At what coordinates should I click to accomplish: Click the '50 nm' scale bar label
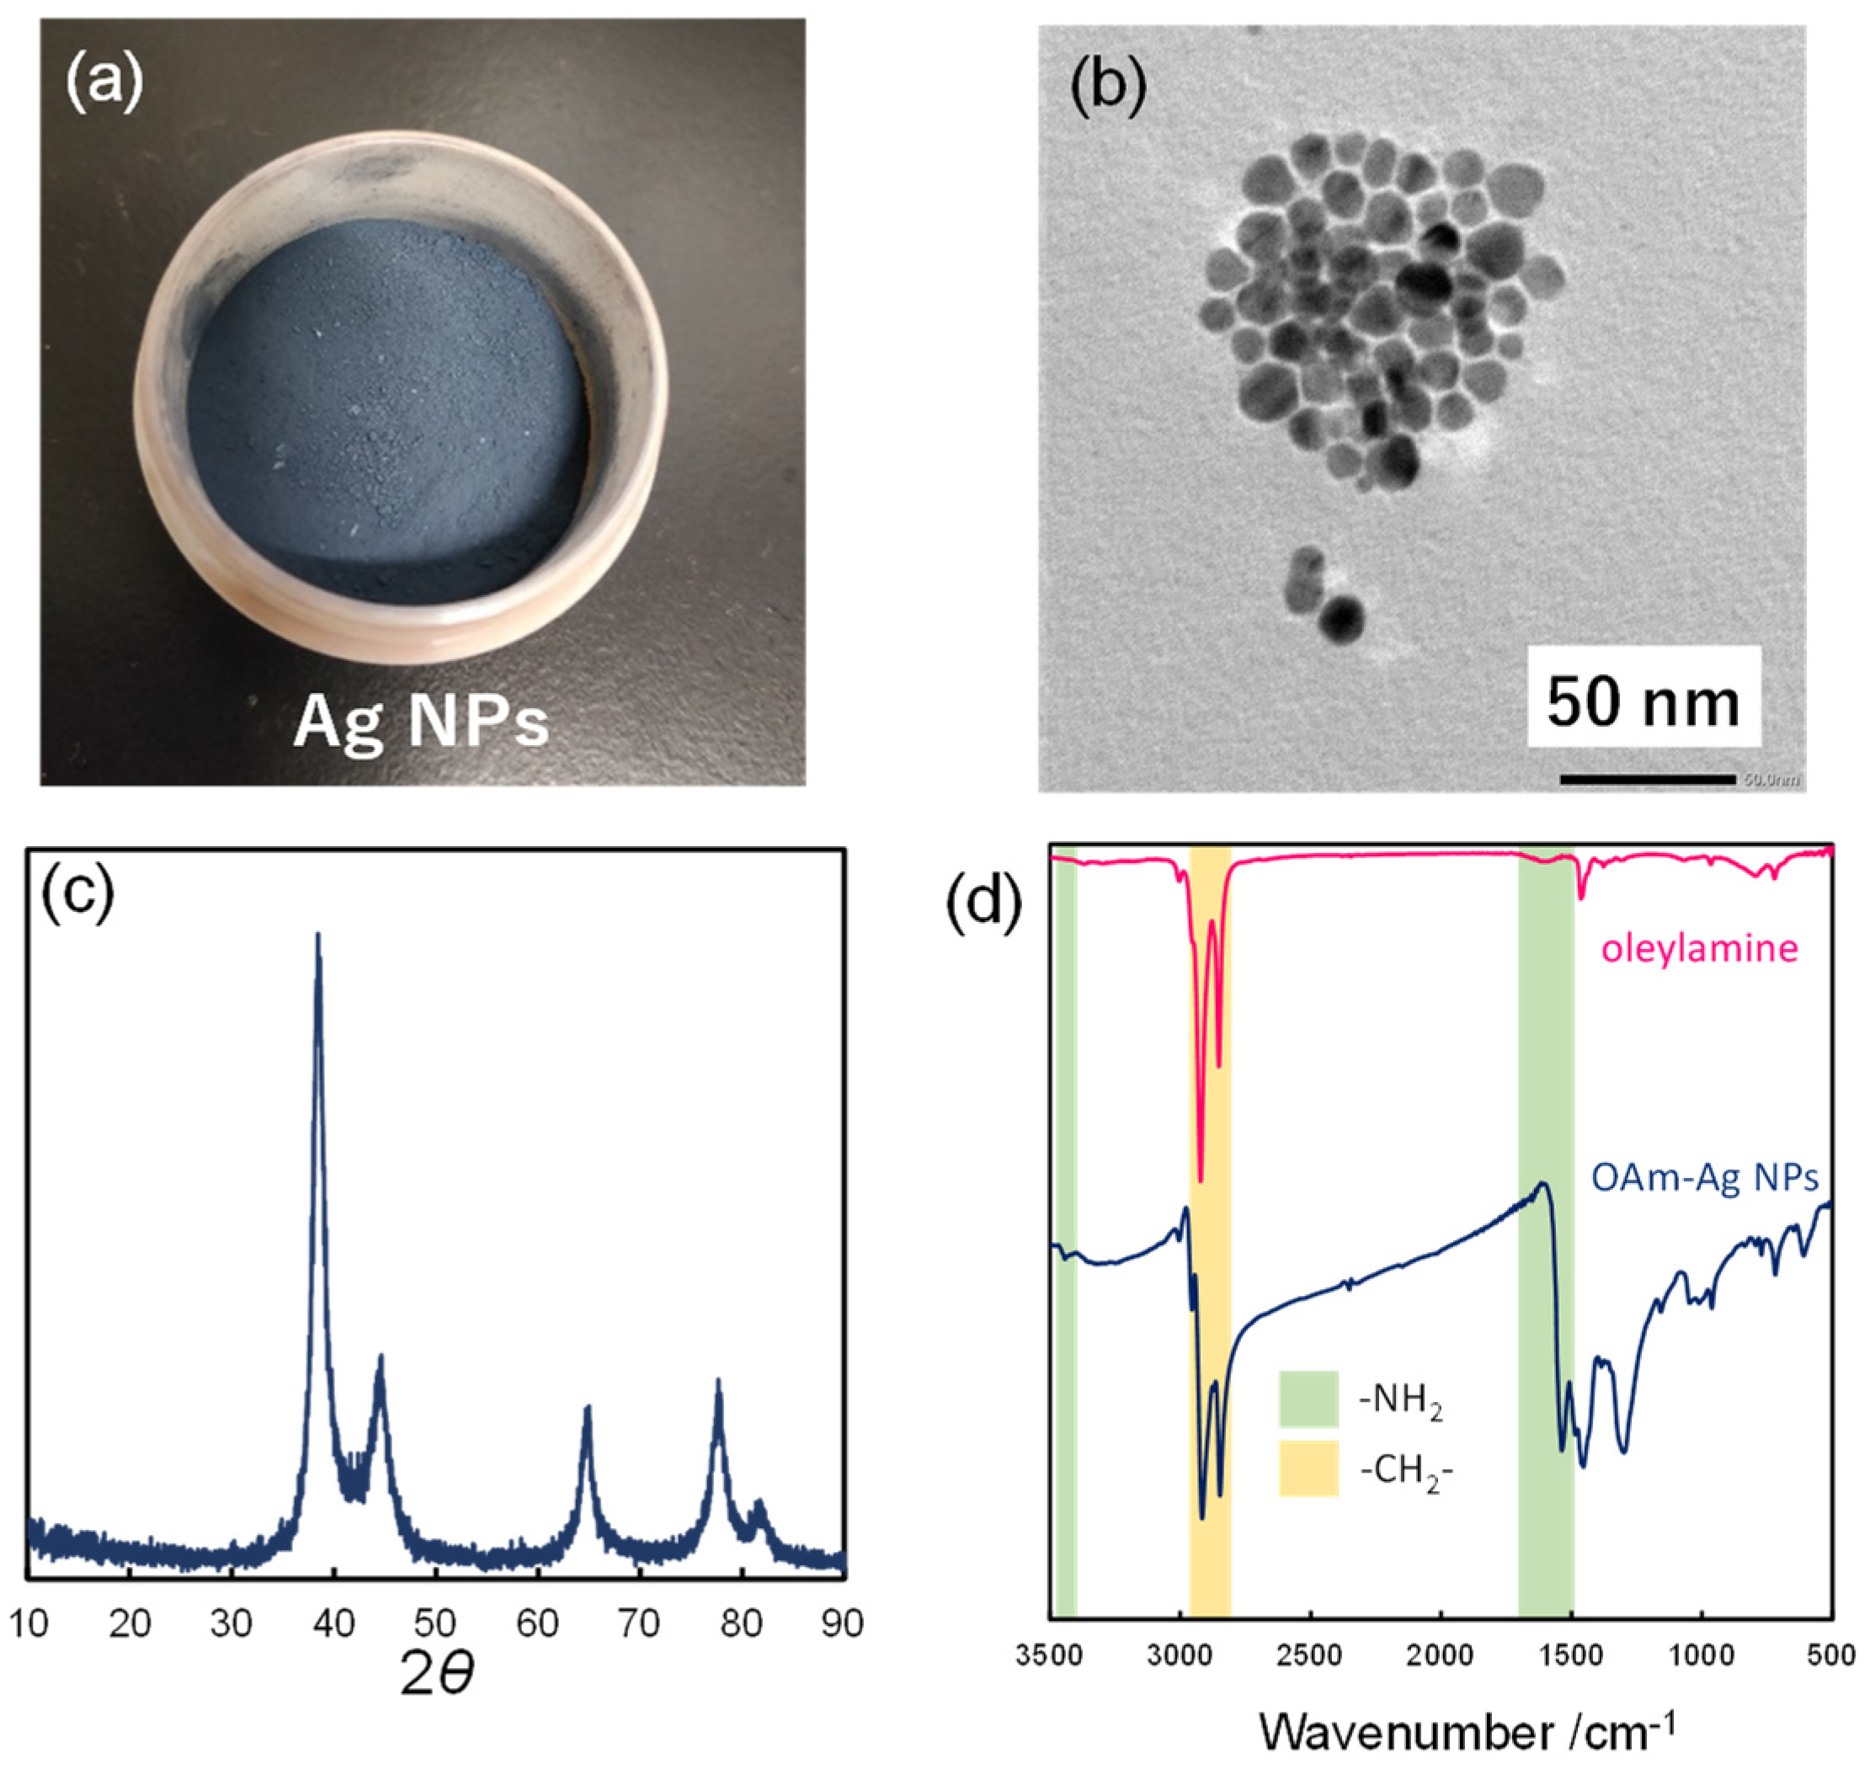coord(1643,703)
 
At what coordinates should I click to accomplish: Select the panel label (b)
coord(1107,85)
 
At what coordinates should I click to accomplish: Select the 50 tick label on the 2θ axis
coord(435,1623)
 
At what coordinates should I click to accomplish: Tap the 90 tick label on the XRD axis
coord(842,1623)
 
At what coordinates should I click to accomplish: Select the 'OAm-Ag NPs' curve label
coord(1704,1177)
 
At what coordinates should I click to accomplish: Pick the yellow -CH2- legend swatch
coord(1308,1468)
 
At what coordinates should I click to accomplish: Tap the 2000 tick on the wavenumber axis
coord(1441,1655)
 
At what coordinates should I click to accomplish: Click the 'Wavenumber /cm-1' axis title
coord(1467,1732)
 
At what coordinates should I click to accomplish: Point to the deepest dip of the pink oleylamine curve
coord(1201,1180)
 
